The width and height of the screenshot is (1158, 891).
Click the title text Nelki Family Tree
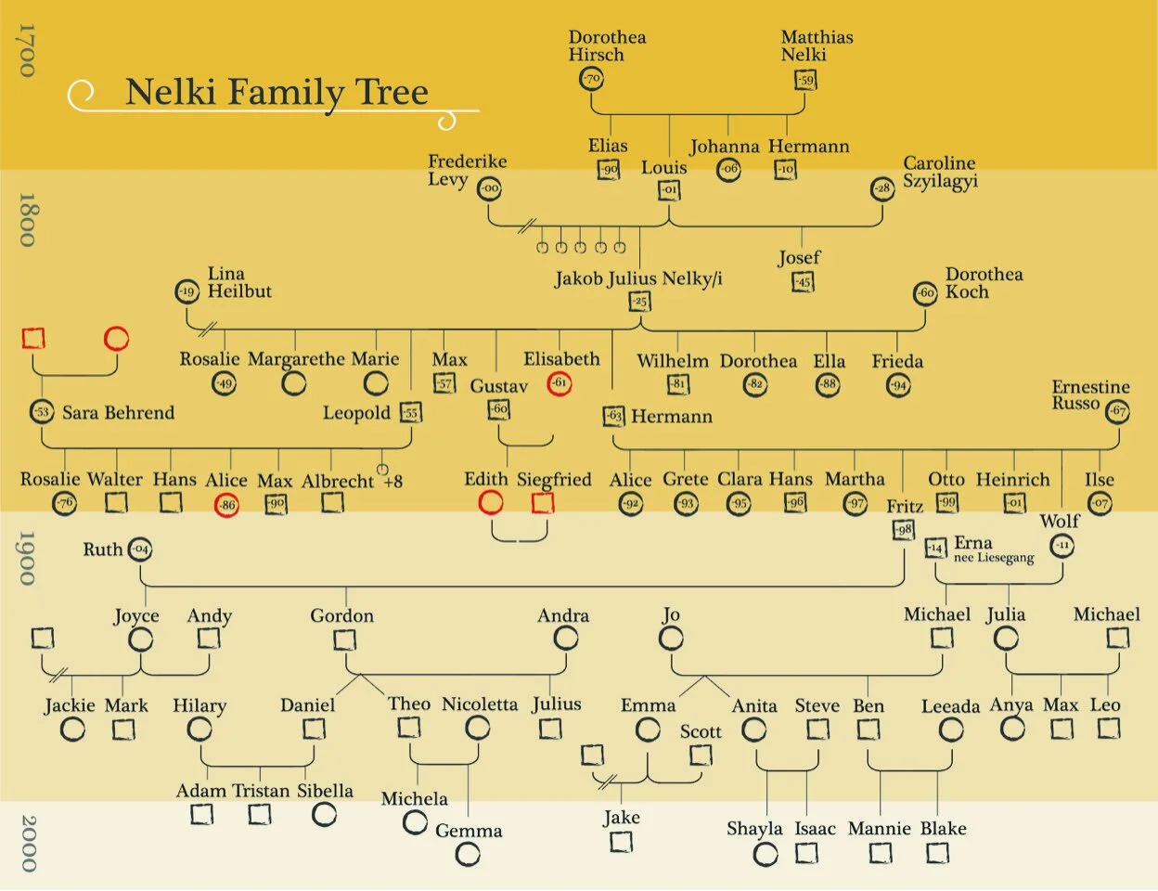tap(277, 92)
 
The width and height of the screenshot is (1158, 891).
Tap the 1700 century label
tap(28, 51)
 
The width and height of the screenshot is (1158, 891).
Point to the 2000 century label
tap(28, 843)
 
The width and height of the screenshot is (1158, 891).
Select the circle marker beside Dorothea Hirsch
tap(591, 79)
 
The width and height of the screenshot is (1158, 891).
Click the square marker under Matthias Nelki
tap(805, 80)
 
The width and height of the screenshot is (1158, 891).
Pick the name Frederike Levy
tap(467, 170)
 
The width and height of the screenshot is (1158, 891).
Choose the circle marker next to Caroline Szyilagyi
tap(882, 188)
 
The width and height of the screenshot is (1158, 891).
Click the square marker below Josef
tap(803, 281)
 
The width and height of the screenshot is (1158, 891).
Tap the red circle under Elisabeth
tap(559, 382)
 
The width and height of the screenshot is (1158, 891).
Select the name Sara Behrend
tap(118, 412)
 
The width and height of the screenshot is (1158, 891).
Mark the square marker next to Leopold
tap(411, 412)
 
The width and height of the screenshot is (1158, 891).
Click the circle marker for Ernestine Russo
tap(1117, 411)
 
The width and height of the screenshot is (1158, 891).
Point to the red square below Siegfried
tap(543, 503)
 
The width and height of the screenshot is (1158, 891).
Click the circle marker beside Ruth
tap(140, 549)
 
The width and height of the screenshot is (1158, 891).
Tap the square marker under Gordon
tap(344, 639)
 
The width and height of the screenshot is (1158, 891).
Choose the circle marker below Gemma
tap(468, 855)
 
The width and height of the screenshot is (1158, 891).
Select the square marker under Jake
tap(621, 842)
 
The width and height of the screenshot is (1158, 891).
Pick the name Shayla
tap(754, 829)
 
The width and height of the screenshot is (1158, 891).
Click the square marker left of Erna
tap(935, 548)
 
